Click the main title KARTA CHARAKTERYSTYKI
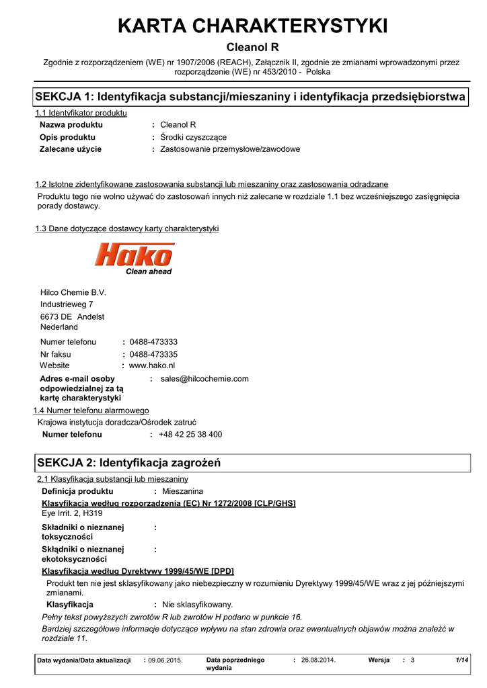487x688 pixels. (252, 26)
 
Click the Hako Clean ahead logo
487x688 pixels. (134, 259)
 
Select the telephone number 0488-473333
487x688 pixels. (153, 342)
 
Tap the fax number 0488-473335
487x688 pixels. (153, 354)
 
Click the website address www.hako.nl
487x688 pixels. (151, 365)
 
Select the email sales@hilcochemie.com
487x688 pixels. (204, 379)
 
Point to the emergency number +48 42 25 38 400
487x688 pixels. (190, 435)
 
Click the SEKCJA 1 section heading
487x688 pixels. (250, 97)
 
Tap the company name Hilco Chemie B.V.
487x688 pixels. (73, 292)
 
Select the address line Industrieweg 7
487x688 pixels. (67, 304)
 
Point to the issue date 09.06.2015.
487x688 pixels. (165, 660)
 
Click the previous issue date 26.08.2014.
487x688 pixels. (318, 660)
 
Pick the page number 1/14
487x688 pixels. (461, 660)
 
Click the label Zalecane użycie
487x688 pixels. (71, 149)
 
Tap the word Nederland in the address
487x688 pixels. (59, 327)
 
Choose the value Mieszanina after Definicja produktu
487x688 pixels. (182, 492)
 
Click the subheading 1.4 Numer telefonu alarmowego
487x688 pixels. (91, 411)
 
